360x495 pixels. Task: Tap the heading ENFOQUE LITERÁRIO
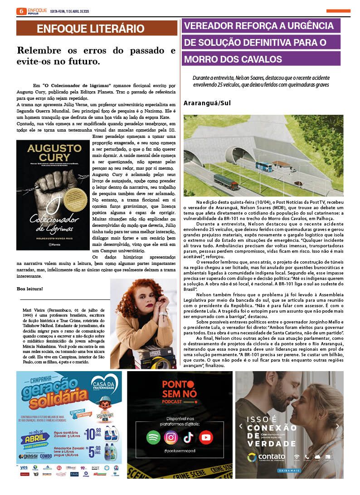pos(91,29)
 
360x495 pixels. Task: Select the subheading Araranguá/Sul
pos(207,103)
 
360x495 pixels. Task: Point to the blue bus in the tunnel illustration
pos(263,167)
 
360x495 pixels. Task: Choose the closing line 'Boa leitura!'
pos(30,289)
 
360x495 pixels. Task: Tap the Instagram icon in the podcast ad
pos(170,437)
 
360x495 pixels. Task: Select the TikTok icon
pos(188,437)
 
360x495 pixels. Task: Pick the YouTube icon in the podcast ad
pos(206,437)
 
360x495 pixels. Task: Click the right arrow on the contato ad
pos(337,426)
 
